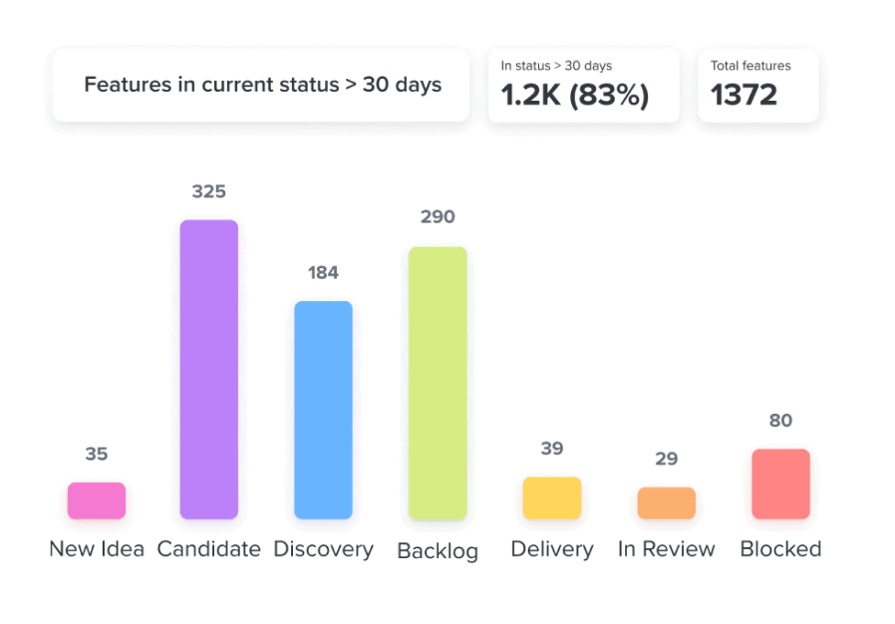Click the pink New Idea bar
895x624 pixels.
tap(97, 500)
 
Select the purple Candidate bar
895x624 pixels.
tap(209, 369)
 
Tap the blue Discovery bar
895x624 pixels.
tap(323, 410)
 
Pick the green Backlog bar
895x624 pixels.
tap(438, 383)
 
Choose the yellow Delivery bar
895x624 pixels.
tap(552, 497)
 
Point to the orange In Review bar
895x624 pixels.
tap(667, 502)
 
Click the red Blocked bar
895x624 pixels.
tap(780, 483)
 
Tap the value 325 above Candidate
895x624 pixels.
tap(209, 191)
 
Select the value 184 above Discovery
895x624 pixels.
tap(323, 272)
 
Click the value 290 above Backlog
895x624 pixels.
tap(438, 216)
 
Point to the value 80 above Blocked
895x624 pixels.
tap(780, 421)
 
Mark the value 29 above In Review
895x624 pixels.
tap(667, 459)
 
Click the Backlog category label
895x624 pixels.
tap(438, 550)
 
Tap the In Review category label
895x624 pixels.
tap(667, 549)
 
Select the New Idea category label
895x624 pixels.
tap(97, 549)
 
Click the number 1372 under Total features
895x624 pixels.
tap(744, 95)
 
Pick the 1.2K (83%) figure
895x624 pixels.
tap(575, 95)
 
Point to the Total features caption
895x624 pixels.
tap(750, 66)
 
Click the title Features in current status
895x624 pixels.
tap(262, 85)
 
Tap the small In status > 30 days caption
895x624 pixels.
tap(556, 66)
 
